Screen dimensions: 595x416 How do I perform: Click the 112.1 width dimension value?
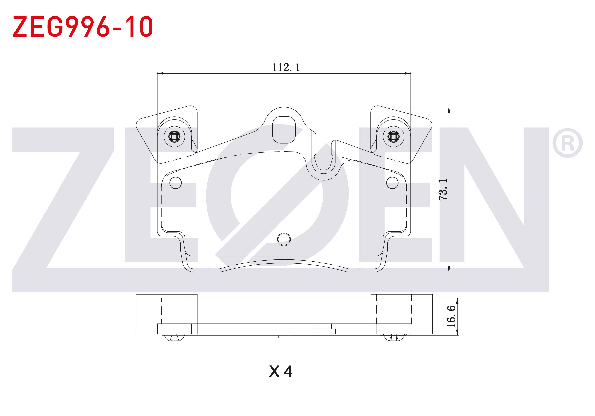[286, 68]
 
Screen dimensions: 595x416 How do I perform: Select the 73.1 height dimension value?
[443, 189]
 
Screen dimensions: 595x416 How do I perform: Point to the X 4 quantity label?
[281, 372]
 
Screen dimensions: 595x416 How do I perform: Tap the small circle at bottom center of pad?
[284, 239]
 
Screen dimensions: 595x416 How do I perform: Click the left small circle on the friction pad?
[175, 183]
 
